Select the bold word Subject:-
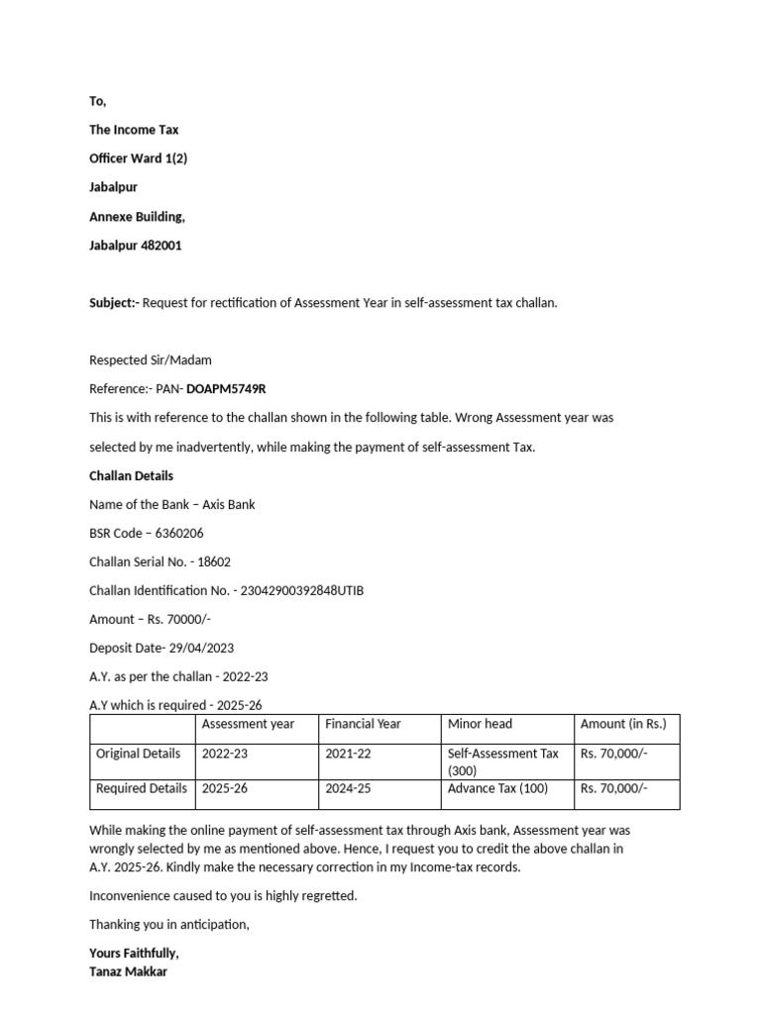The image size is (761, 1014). (114, 303)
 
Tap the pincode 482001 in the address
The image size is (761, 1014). (163, 246)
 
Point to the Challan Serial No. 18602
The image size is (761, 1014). (214, 561)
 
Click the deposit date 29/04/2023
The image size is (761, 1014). (196, 648)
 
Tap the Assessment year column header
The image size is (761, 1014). (248, 724)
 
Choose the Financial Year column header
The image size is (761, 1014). (363, 724)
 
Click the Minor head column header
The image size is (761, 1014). (480, 724)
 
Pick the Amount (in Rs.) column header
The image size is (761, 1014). (623, 724)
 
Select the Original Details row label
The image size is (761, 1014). (138, 754)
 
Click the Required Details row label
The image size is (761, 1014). (141, 789)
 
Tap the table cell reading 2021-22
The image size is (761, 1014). (348, 754)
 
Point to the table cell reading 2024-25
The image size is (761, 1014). (348, 789)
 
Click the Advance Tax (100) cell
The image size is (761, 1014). (497, 789)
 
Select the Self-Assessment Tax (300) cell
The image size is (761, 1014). (503, 761)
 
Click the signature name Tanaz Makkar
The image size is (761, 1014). (128, 971)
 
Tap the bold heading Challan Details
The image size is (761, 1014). (131, 475)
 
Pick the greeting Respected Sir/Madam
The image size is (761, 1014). (151, 360)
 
